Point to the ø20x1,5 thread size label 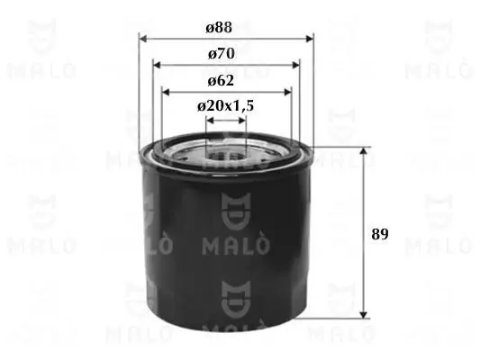coord(225,105)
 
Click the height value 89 coord(379,234)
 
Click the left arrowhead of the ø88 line coord(142,39)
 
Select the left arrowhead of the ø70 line coord(157,65)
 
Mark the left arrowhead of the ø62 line coord(166,90)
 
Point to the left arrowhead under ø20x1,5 coord(209,129)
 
